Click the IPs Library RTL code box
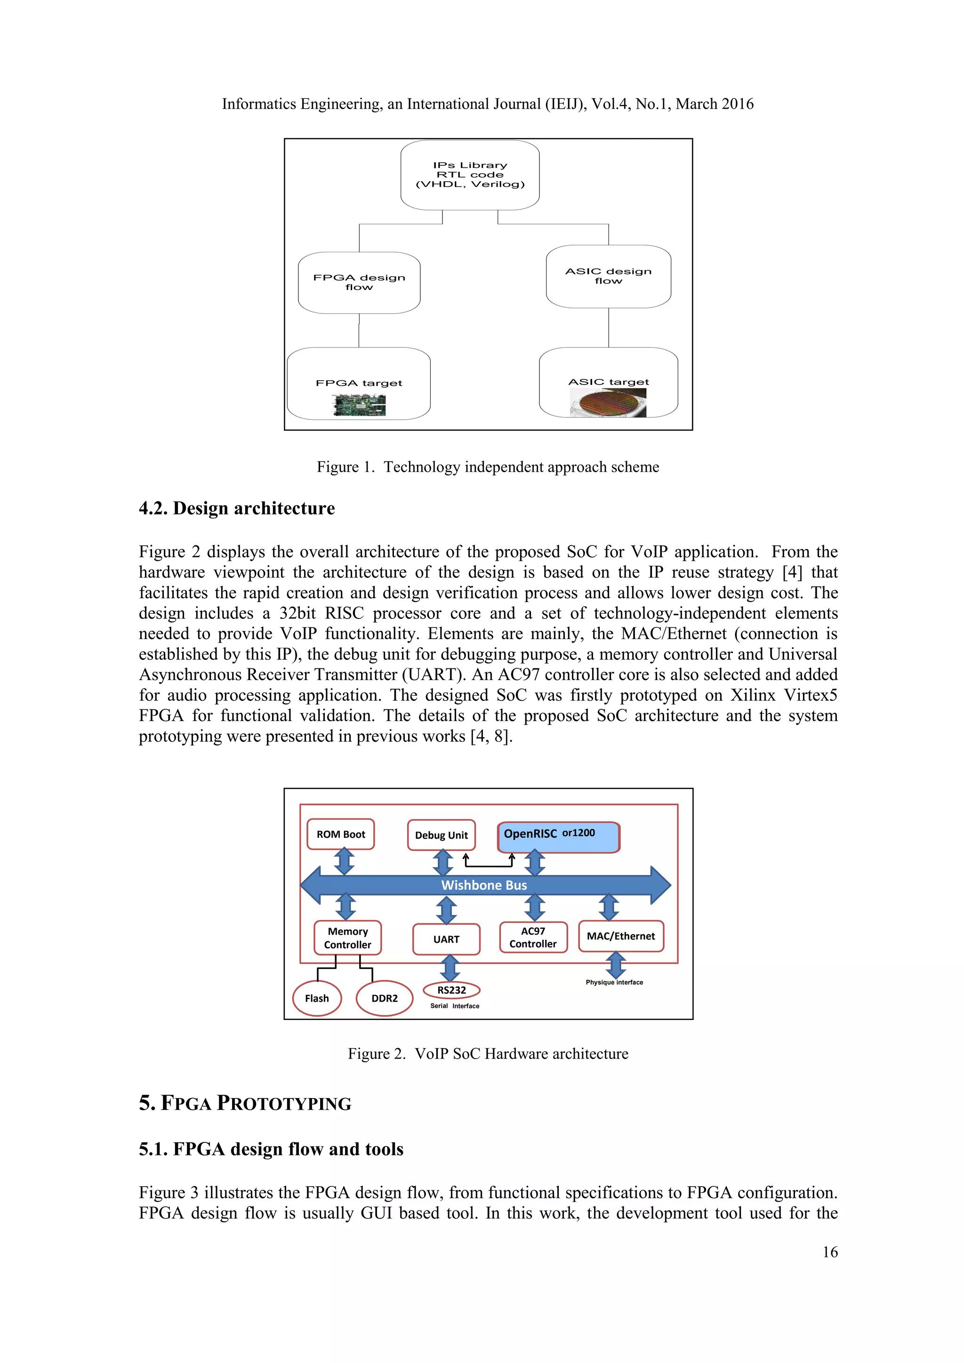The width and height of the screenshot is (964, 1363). tap(470, 175)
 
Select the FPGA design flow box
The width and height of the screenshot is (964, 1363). tap(359, 282)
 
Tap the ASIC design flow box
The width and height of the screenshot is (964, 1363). tap(609, 276)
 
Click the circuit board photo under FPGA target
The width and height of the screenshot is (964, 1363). tap(359, 405)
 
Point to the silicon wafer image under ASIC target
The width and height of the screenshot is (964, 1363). tap(609, 403)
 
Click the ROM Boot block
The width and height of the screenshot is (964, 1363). tap(341, 834)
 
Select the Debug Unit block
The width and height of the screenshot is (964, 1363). tap(441, 835)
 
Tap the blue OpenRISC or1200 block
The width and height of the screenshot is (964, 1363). tap(558, 836)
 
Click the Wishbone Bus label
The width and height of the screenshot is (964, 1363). tap(484, 885)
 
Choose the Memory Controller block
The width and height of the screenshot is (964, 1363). tap(347, 938)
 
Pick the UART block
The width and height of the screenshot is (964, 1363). tap(446, 939)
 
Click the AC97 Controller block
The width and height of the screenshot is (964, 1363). tap(533, 938)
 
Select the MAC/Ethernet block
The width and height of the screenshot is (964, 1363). tap(620, 936)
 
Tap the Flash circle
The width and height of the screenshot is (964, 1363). tap(317, 999)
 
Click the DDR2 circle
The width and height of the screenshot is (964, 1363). tap(384, 999)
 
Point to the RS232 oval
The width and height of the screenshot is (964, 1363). tap(451, 990)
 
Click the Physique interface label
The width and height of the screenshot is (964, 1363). tap(614, 982)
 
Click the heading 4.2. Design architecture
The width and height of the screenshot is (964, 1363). tap(237, 509)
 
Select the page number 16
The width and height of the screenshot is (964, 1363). tap(830, 1252)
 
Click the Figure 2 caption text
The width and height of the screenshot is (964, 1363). tap(488, 1054)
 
